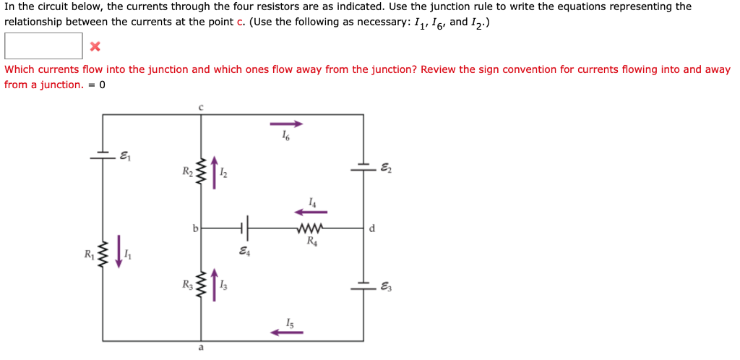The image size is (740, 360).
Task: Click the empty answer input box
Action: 43,46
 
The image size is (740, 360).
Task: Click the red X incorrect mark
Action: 95,47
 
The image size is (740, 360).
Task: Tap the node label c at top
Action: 201,106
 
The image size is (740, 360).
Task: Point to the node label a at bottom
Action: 201,348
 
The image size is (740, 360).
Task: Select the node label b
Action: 194,228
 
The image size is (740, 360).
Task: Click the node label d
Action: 371,228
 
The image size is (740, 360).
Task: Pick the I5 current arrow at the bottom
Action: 286,333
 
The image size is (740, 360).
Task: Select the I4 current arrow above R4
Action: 310,212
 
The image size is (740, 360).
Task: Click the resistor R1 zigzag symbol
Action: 103,254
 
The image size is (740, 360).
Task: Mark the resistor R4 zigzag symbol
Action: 310,228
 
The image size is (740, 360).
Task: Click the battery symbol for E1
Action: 103,154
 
